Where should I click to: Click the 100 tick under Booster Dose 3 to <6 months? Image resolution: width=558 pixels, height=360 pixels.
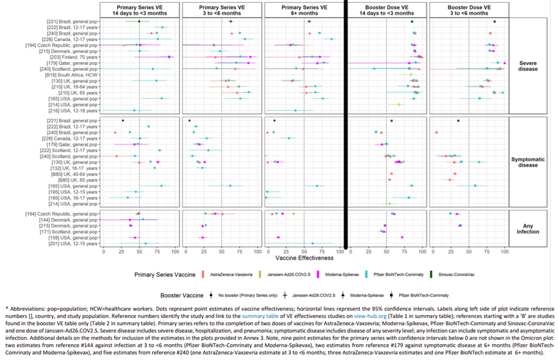tap(504, 251)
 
